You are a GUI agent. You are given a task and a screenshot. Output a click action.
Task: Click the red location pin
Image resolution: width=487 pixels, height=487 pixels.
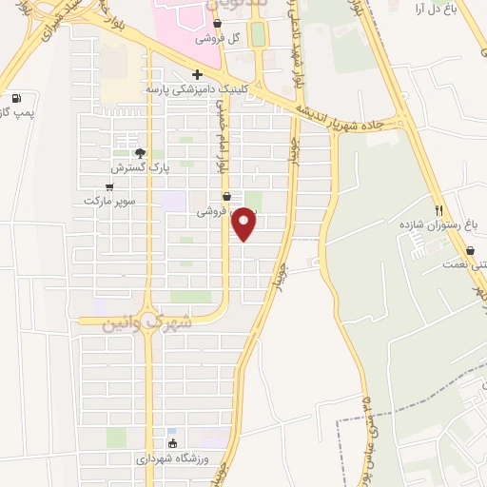click(245, 224)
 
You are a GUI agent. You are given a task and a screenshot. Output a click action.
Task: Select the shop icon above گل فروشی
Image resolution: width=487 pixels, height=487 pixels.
click(218, 25)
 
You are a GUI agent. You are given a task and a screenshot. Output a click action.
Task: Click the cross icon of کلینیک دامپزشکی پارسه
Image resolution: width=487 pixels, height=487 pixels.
click(197, 74)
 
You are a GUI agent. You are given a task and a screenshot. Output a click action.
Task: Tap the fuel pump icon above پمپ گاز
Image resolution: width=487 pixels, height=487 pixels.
click(16, 98)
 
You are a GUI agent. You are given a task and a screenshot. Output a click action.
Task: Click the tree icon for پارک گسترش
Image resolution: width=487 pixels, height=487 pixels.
click(141, 153)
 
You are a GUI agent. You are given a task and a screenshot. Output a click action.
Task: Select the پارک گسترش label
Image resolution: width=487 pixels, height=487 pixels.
click(132, 167)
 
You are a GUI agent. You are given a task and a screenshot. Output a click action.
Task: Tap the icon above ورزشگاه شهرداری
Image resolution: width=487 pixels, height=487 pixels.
click(172, 443)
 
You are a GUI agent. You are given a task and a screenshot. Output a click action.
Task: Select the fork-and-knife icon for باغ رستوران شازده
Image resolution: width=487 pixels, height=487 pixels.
click(438, 210)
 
